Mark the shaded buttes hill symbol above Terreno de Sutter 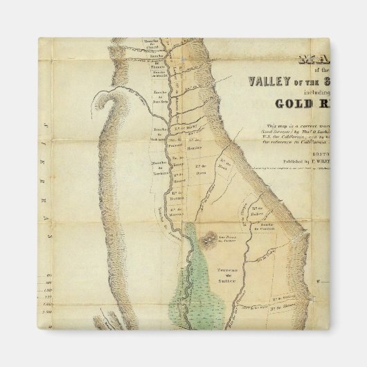tap(207, 238)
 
